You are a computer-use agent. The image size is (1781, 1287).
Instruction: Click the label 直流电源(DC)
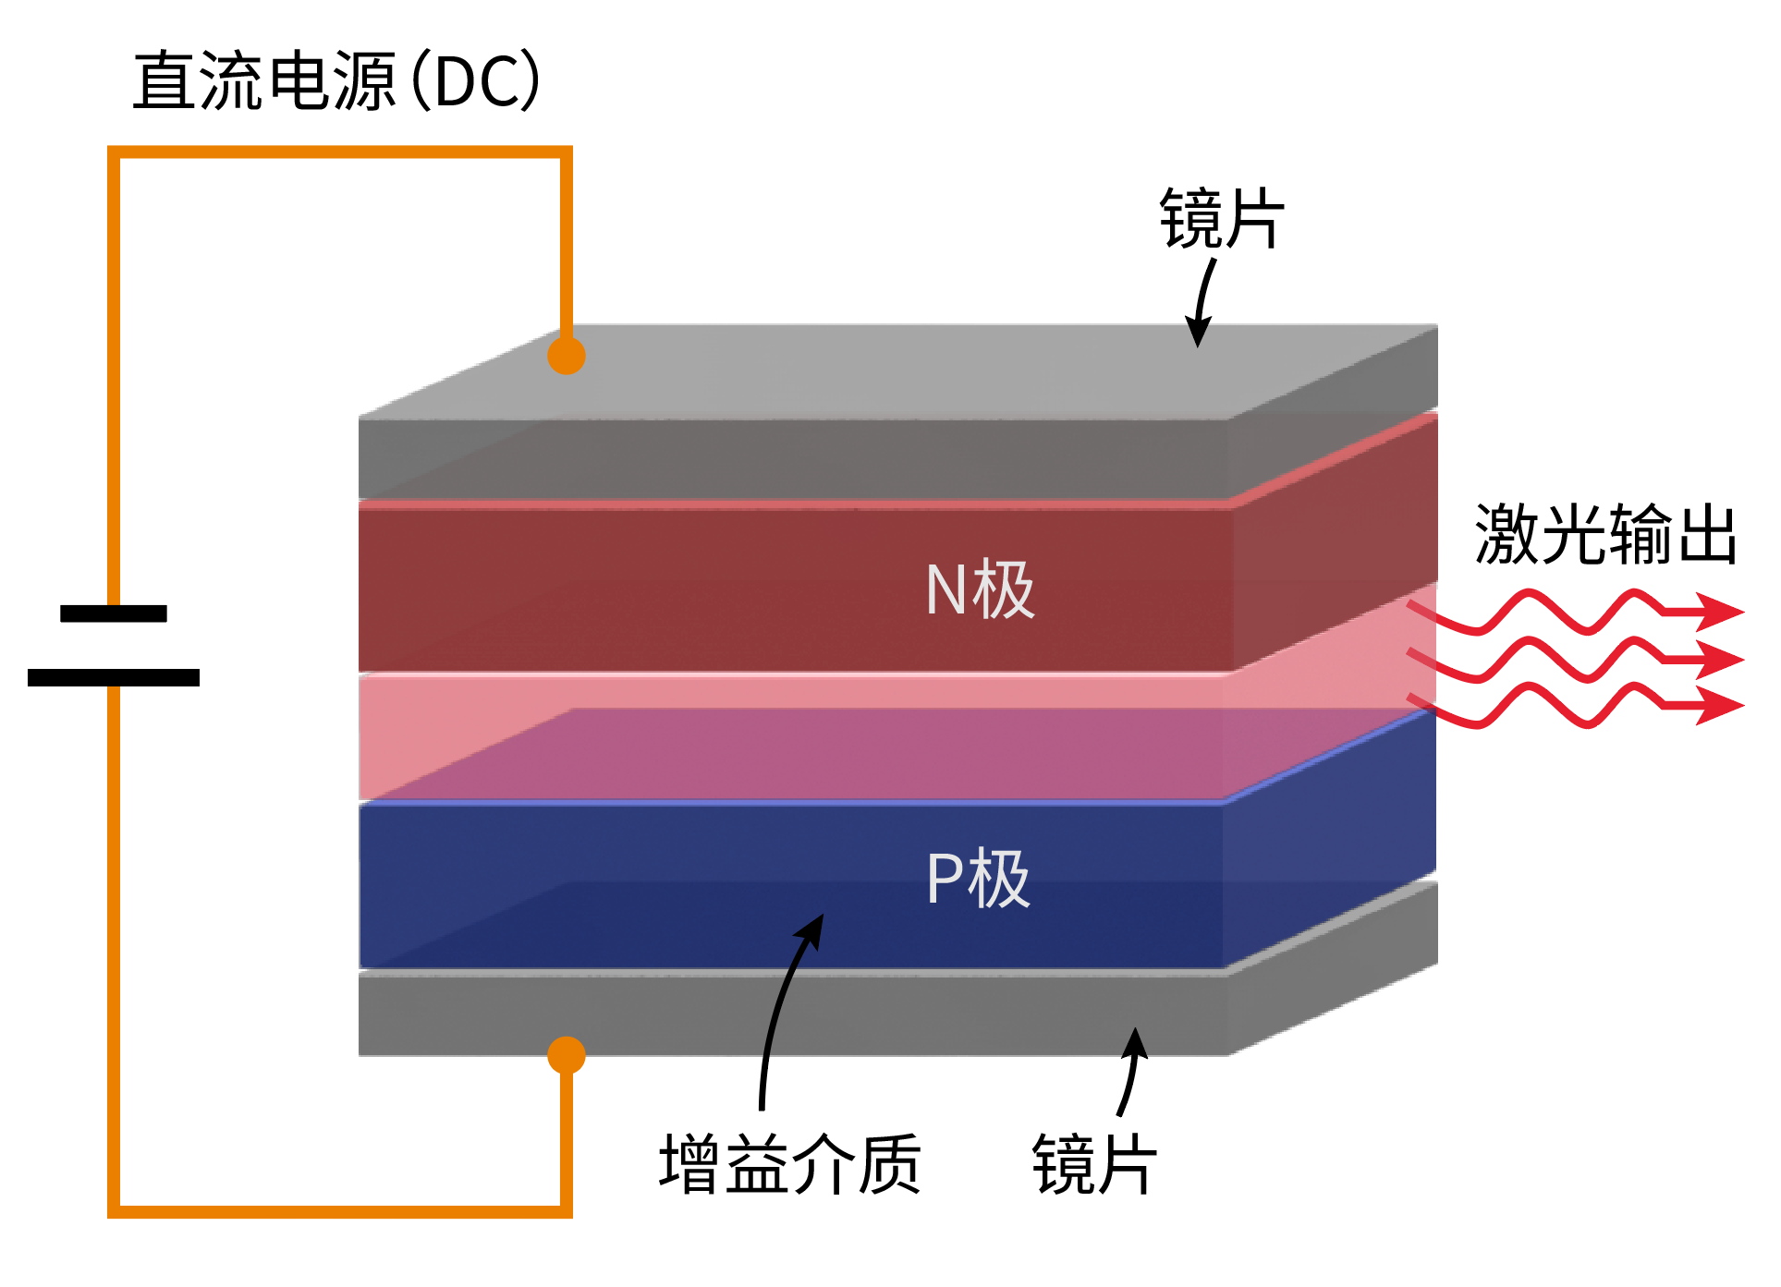tap(336, 81)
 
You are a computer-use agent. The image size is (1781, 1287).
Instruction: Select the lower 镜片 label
tap(1093, 1164)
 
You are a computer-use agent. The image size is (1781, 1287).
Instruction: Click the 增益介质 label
tap(789, 1164)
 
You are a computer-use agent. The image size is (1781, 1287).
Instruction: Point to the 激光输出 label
tap(1605, 534)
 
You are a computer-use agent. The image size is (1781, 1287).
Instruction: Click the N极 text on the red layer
tap(980, 589)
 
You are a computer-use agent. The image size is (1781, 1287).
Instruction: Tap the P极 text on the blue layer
tap(978, 879)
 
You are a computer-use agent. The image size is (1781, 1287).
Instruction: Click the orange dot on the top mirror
tap(567, 356)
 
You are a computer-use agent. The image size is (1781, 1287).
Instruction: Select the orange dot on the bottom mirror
tap(567, 1055)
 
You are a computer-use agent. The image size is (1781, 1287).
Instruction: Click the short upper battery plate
tap(114, 613)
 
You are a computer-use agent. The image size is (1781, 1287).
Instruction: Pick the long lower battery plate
tap(114, 677)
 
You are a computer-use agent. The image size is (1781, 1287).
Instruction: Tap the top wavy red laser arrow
tap(1571, 612)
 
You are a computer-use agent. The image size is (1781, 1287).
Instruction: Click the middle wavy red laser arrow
tap(1571, 660)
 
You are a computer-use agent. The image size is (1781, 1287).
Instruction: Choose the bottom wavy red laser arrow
tap(1571, 706)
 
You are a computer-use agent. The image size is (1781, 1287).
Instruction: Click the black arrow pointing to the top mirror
tap(1202, 301)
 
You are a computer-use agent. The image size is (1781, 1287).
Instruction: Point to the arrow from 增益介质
tap(781, 1007)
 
